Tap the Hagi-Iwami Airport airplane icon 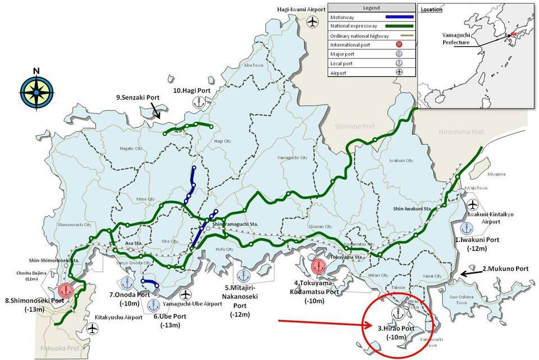click(313, 22)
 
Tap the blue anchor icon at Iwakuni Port click(465, 228)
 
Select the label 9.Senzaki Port click(138, 98)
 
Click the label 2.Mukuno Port click(505, 269)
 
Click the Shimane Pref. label click(355, 126)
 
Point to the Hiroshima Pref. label click(463, 131)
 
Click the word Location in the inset click(431, 10)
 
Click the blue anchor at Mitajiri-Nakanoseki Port click(243, 275)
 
